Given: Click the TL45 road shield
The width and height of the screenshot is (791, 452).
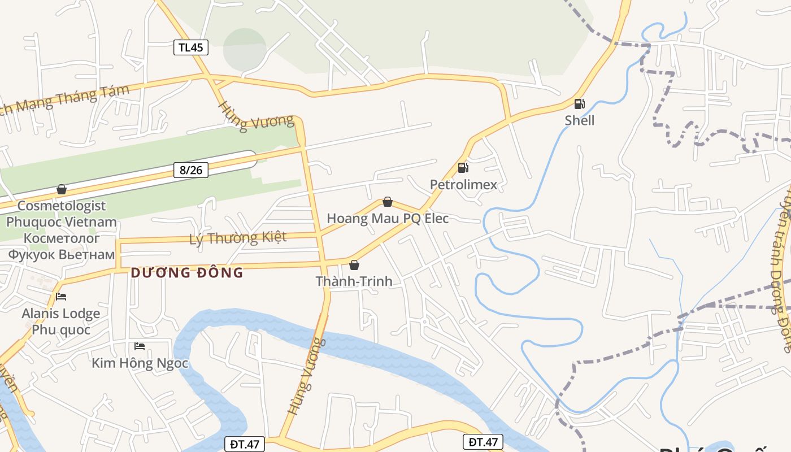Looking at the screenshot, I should point(191,47).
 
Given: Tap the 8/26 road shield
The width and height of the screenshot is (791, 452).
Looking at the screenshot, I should point(191,169).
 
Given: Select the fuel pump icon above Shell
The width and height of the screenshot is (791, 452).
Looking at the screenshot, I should point(579,104).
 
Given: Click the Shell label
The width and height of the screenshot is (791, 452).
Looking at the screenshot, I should point(580,120).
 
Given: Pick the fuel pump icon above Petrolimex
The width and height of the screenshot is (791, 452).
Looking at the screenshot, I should point(463,167).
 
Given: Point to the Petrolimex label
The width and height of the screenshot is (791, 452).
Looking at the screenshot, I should point(463,185).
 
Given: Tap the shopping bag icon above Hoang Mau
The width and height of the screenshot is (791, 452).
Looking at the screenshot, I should point(388,202).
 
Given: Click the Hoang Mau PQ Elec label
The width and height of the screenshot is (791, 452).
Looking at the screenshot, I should point(388,219).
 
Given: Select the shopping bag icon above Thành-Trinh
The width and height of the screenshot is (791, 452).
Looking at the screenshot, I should point(354,264).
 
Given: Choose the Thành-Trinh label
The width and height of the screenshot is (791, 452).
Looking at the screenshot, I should point(354,281).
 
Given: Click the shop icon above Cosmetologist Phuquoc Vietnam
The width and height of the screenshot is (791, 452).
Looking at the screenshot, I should point(62,189).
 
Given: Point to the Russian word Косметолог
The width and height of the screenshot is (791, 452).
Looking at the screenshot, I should point(62,238).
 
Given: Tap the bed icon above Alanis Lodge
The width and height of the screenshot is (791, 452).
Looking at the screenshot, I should point(61,296).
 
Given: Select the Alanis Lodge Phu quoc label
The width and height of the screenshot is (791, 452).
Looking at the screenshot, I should point(61,321).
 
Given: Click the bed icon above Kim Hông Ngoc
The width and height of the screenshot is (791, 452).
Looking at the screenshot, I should point(140,346).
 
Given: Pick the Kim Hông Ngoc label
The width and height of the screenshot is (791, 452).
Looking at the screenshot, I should point(140,363).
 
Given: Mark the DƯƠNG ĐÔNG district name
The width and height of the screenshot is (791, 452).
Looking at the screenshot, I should point(187,273).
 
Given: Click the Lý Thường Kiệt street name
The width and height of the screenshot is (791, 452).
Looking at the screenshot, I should point(238,238).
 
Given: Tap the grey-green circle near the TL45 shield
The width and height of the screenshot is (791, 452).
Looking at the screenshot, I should point(245,50).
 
